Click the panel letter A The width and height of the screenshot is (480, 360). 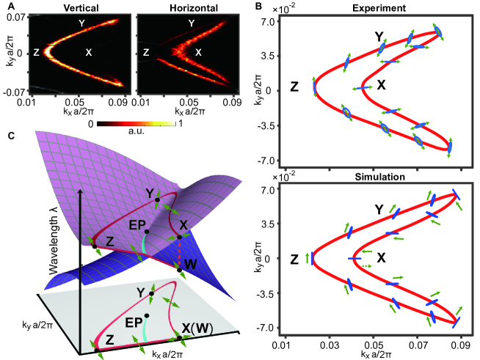10,6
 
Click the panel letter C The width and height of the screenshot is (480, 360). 10,134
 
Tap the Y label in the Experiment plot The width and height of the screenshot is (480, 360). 379,36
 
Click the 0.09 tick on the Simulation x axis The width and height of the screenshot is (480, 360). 462,343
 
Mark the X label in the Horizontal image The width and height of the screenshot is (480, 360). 197,53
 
